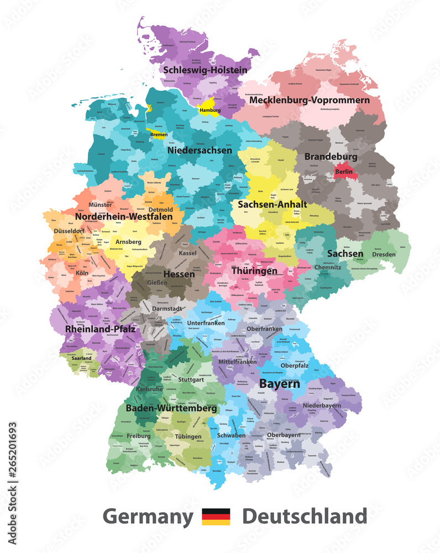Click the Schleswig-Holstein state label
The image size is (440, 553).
click(x=205, y=70)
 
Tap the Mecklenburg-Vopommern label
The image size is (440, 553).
click(x=309, y=100)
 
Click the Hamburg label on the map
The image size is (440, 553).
click(x=209, y=110)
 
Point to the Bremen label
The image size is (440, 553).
click(x=159, y=134)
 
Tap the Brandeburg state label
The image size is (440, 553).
click(x=331, y=156)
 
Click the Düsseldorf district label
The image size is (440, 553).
click(x=67, y=232)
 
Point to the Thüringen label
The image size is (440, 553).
click(x=255, y=272)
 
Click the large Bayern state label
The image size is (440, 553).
click(x=280, y=383)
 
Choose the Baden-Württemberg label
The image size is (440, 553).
click(x=171, y=408)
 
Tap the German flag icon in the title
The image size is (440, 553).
click(x=216, y=517)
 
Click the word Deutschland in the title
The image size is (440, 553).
click(x=304, y=517)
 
